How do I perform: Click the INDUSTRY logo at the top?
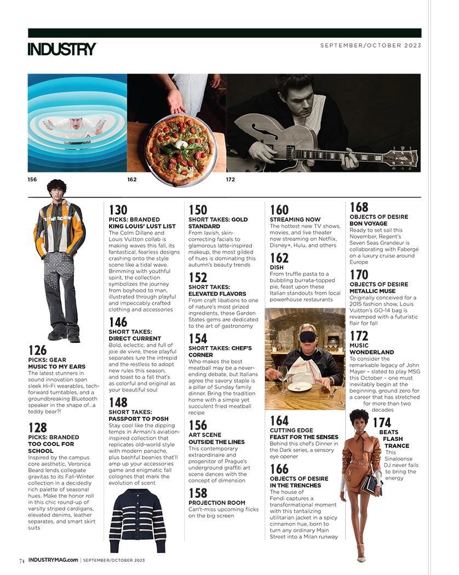(x=62, y=49)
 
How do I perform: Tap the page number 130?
(x=118, y=210)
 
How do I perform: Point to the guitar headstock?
(x=402, y=159)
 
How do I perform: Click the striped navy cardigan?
(x=137, y=520)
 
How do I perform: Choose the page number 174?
(x=382, y=422)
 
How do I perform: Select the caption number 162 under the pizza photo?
(x=131, y=179)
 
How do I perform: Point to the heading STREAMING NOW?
(x=295, y=220)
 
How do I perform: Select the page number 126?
(x=37, y=350)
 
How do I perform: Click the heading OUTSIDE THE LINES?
(x=216, y=441)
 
